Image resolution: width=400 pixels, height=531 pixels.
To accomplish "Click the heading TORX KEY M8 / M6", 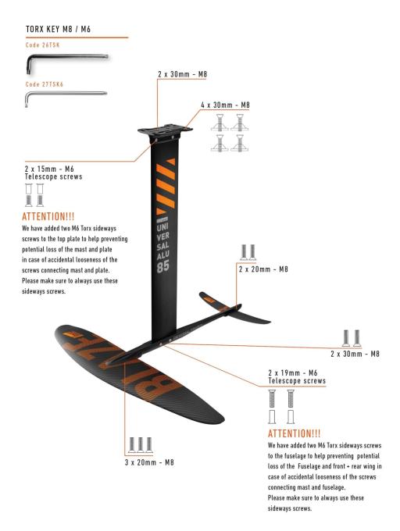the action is (58, 29).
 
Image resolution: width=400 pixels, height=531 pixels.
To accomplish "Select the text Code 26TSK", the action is (42, 45).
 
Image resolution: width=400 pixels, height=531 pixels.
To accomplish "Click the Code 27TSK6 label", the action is (44, 84).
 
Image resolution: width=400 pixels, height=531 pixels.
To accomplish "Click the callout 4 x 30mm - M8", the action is (225, 105).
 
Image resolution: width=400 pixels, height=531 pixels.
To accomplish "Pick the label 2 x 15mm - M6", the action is (49, 169).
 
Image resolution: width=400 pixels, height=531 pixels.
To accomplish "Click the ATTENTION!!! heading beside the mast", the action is (48, 216).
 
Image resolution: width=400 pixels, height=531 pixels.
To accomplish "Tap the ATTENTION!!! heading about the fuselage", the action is (294, 433).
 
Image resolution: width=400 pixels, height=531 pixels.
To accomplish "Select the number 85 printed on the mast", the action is (163, 267).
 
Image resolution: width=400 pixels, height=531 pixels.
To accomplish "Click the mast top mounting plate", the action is (165, 130).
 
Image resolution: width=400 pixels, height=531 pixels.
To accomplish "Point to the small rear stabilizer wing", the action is (235, 308).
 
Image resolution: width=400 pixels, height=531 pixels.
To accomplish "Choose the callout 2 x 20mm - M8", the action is (263, 269).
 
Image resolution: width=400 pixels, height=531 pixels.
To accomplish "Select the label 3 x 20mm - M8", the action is (149, 462).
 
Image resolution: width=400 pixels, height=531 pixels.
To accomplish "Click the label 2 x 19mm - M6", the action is (293, 372).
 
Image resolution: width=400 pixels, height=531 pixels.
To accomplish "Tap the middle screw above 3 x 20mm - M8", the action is (141, 445).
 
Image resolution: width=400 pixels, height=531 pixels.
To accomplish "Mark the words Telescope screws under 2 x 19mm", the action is (297, 381).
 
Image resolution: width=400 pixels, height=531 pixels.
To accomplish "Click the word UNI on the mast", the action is (163, 227).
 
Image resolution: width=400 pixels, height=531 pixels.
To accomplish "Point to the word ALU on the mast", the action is (163, 255).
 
